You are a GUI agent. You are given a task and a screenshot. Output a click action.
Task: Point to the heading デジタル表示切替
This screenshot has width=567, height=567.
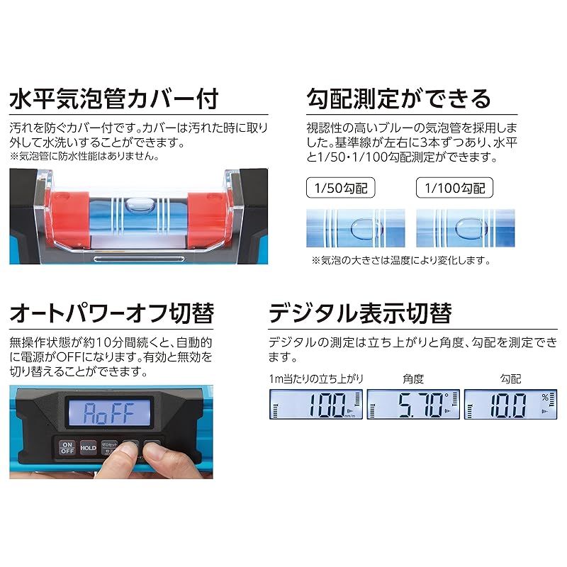360,313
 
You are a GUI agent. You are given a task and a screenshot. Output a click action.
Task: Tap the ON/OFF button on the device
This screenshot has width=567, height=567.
67,448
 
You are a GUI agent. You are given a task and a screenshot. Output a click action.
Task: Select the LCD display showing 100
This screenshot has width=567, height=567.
316,408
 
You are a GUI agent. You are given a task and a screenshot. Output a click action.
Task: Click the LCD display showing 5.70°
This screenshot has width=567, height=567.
412,408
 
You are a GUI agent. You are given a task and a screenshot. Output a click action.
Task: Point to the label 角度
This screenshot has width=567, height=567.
412,380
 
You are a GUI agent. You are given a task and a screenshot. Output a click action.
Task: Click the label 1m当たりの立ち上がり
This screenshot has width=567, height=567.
312,380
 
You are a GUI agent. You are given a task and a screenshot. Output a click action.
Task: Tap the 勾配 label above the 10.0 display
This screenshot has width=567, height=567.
510,380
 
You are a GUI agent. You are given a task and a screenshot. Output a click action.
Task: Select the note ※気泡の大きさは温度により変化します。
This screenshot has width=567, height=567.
401,260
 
